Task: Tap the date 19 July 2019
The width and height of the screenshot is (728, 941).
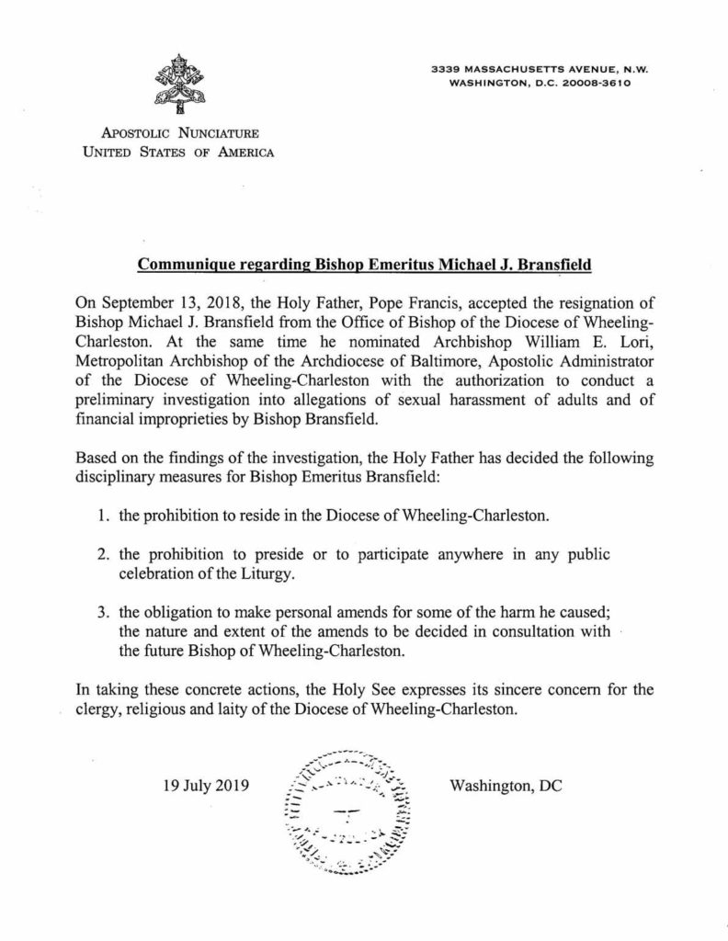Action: [206, 787]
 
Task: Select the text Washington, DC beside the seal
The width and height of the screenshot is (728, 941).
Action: [506, 787]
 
